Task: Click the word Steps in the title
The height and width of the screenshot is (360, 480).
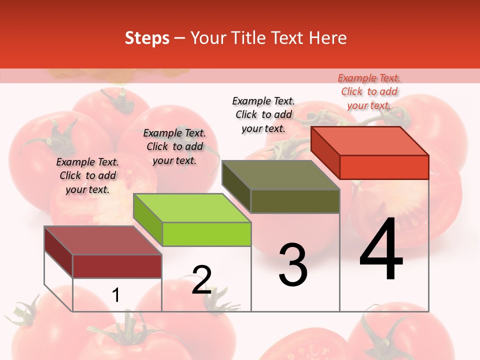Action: [x=147, y=38]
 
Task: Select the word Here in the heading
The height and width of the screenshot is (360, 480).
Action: [x=327, y=38]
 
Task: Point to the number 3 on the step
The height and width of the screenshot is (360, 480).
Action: [x=293, y=265]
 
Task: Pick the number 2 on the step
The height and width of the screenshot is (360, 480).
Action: [x=201, y=280]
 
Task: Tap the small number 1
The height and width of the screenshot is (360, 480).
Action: [x=116, y=295]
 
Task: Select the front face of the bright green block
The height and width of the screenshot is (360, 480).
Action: [x=206, y=234]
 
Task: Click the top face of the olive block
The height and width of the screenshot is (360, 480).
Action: [x=281, y=174]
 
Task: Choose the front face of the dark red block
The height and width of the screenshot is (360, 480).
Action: [x=117, y=266]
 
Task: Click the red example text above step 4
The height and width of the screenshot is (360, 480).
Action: [x=369, y=91]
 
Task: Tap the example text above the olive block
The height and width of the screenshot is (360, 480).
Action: [x=263, y=114]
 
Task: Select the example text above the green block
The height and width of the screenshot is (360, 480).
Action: [x=174, y=146]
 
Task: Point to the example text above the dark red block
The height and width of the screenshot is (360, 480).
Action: [x=87, y=175]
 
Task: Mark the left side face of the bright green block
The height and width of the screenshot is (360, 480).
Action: [x=148, y=220]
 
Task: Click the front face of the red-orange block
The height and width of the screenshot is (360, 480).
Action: [x=384, y=167]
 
